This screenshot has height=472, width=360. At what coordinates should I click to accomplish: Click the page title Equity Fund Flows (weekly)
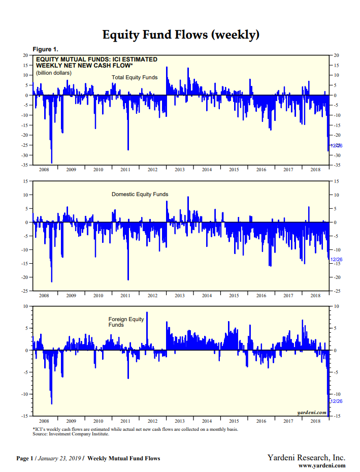181,35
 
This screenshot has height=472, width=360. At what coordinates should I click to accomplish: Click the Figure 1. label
45,49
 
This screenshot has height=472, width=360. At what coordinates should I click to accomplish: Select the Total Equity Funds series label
135,78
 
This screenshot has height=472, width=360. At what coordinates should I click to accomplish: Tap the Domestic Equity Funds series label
140,195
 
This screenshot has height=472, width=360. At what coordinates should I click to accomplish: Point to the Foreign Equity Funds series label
126,322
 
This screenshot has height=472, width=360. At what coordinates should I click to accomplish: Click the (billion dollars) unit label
54,73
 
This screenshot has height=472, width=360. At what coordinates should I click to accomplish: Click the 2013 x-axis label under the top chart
179,170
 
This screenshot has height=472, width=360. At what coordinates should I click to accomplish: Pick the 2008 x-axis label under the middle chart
44,295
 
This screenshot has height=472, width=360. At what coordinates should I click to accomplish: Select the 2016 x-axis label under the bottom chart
261,421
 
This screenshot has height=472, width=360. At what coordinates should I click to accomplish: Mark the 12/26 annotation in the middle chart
337,260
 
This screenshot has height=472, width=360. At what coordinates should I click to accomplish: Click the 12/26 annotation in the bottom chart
337,401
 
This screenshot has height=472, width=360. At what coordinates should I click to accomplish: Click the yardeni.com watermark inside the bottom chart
311,412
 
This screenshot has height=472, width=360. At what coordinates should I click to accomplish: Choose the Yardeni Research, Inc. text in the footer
306,458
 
